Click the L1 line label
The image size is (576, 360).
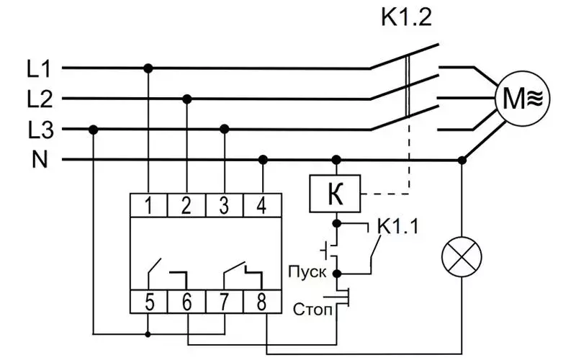[x=39, y=68]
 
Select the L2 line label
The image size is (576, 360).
[x=40, y=99]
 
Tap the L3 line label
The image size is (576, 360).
[x=41, y=130]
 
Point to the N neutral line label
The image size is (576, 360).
[x=40, y=160]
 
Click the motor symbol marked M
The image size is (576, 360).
[x=522, y=99]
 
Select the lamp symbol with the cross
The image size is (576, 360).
[x=462, y=257]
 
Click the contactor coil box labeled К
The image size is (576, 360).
[x=335, y=194]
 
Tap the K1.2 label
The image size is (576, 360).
[x=406, y=17]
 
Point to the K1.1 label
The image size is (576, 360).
[x=398, y=226]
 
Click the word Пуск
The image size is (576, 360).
[x=307, y=273]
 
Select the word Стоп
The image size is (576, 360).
[x=312, y=310]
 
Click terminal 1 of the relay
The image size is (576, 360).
[x=149, y=205]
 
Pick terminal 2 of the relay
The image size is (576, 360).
[x=186, y=205]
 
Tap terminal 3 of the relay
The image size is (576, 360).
[x=225, y=205]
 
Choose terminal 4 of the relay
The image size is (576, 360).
[x=262, y=205]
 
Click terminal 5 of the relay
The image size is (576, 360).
[x=149, y=302]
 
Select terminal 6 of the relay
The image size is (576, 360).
[x=186, y=302]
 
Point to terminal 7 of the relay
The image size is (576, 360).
[x=225, y=302]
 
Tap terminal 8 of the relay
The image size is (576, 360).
[x=262, y=302]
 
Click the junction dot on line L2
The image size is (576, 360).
[x=187, y=99]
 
